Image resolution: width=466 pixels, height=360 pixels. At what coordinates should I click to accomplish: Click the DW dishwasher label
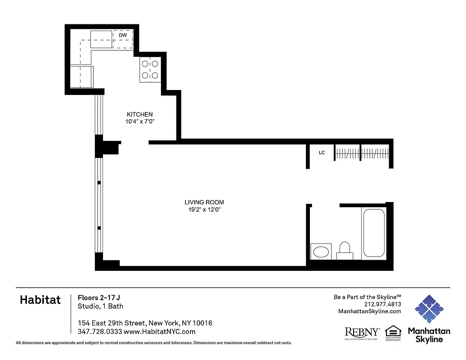pyautogui.click(x=123, y=35)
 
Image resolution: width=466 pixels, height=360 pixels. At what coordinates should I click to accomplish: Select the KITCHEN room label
pyautogui.click(x=139, y=115)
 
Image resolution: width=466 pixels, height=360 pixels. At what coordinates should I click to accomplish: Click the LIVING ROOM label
pyautogui.click(x=204, y=202)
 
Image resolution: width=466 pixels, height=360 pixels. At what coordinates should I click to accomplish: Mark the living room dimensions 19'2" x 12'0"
pyautogui.click(x=204, y=210)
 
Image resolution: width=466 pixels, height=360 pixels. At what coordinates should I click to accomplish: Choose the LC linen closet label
pyautogui.click(x=322, y=153)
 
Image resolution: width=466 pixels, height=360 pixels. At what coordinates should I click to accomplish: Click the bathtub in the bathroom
pyautogui.click(x=374, y=233)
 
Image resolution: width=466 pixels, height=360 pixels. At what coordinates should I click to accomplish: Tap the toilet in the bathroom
pyautogui.click(x=345, y=250)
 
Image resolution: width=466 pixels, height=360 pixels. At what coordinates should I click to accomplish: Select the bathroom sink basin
pyautogui.click(x=321, y=252)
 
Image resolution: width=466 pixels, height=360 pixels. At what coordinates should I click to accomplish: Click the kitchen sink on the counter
pyautogui.click(x=102, y=39)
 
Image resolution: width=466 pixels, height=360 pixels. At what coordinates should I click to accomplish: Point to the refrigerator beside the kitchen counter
pyautogui.click(x=81, y=76)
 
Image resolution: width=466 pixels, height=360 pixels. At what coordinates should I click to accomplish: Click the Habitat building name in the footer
pyautogui.click(x=40, y=300)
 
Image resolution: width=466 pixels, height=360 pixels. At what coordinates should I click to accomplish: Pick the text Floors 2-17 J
pyautogui.click(x=99, y=297)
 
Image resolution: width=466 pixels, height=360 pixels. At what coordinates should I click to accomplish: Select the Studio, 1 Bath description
pyautogui.click(x=100, y=306)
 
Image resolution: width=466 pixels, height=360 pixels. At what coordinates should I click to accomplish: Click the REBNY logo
pyautogui.click(x=362, y=333)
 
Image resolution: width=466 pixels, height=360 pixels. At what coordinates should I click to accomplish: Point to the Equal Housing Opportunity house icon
pyautogui.click(x=393, y=331)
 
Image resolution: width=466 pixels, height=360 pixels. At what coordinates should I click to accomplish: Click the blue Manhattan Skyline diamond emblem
pyautogui.click(x=429, y=309)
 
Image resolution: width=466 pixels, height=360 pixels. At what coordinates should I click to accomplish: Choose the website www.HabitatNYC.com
pyautogui.click(x=159, y=332)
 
